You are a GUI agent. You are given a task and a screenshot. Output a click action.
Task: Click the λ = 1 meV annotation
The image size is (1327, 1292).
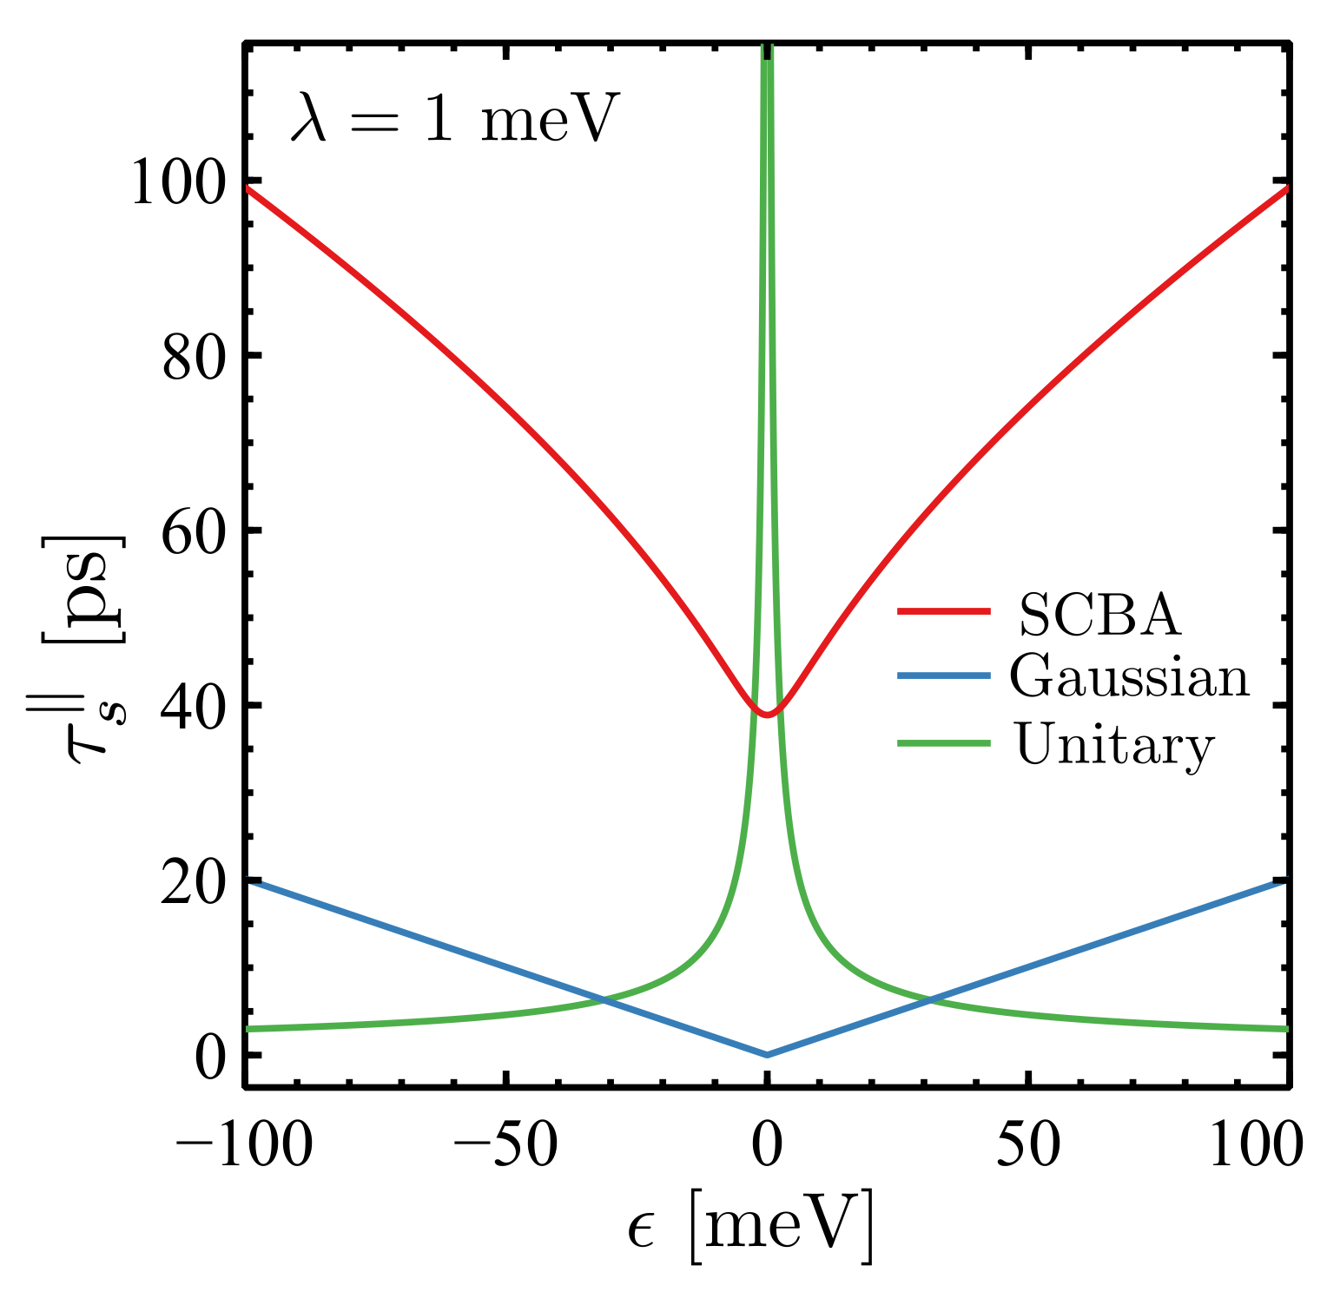click(454, 119)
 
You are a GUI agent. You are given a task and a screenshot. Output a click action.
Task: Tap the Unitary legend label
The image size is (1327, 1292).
click(1114, 745)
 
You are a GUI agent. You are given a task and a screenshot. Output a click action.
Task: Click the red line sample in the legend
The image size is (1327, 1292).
click(943, 612)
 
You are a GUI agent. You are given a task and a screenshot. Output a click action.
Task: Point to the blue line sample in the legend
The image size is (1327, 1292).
click(943, 676)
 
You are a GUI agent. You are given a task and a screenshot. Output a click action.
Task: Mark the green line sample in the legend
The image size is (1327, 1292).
click(943, 742)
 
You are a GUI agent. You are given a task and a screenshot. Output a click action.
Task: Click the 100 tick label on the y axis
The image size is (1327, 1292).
click(180, 185)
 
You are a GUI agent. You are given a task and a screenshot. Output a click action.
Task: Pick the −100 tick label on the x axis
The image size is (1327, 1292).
click(244, 1145)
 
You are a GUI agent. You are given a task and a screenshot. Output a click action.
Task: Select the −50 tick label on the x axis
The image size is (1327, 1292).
click(505, 1145)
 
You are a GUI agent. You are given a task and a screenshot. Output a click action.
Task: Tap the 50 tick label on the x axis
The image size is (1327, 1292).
click(1027, 1145)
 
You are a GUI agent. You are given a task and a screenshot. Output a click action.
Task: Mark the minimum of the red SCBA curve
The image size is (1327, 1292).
click(767, 715)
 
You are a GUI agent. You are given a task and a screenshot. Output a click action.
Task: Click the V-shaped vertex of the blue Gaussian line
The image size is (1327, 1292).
click(767, 1055)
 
